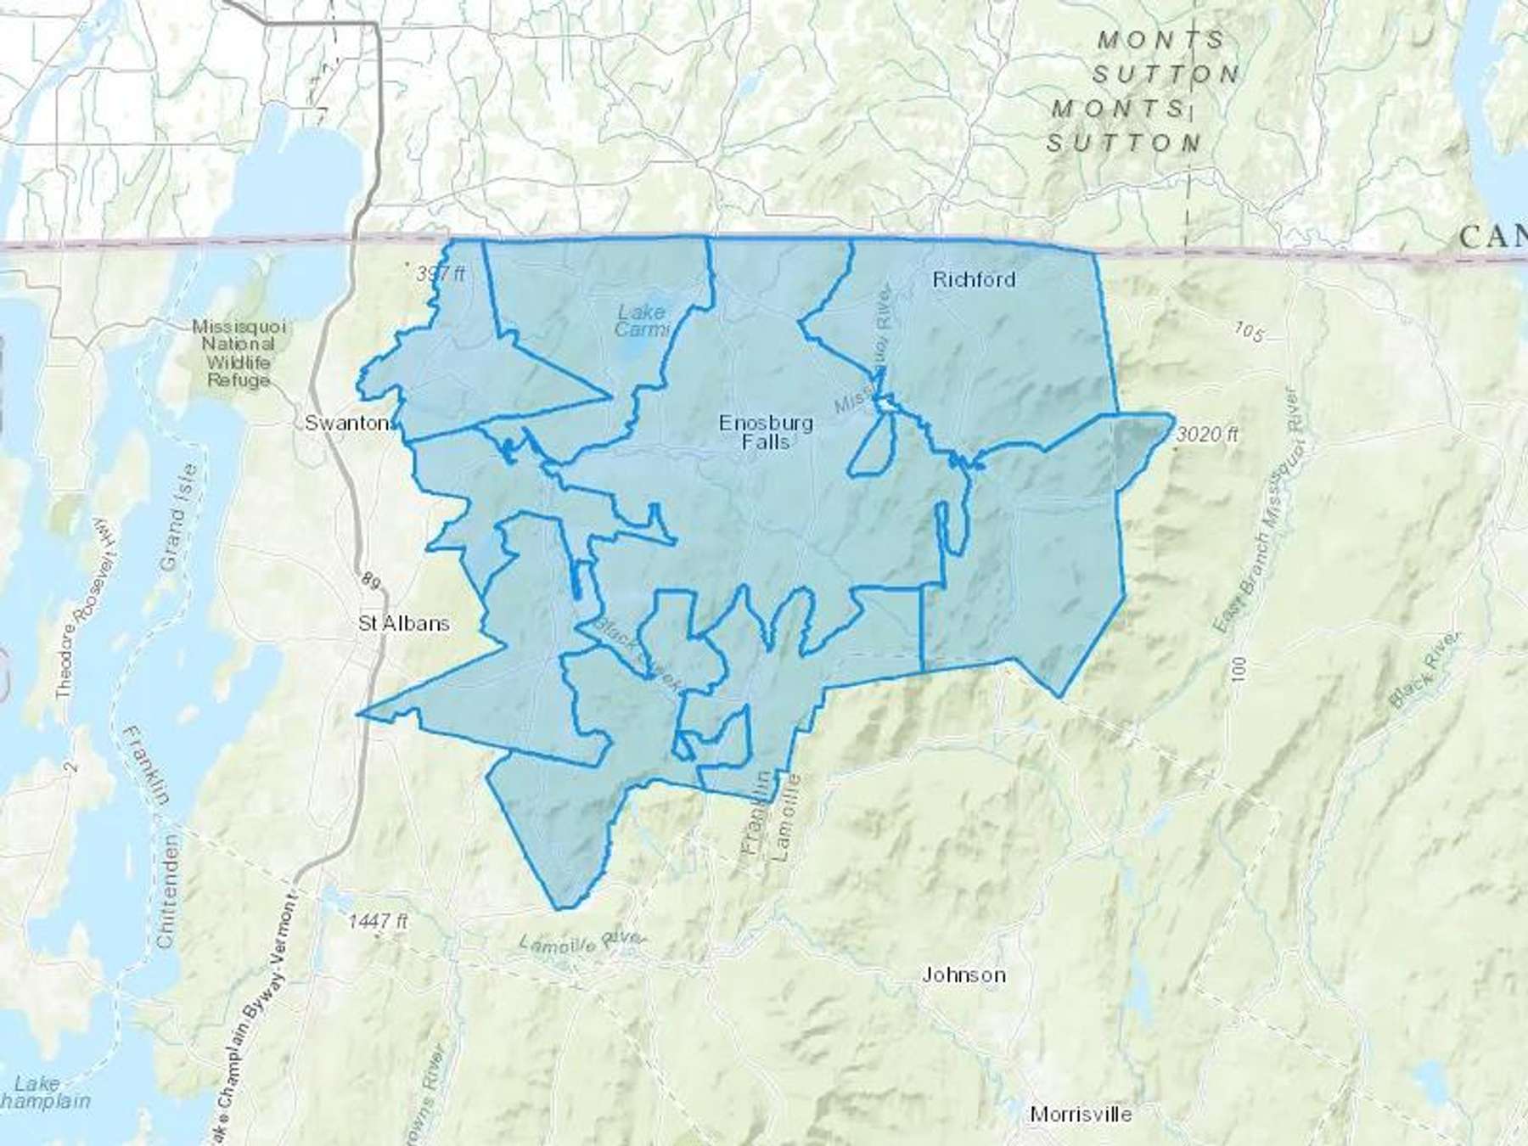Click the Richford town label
(974, 279)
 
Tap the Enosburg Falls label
(766, 432)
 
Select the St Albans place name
(404, 623)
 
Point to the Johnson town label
(963, 975)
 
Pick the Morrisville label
(1081, 1114)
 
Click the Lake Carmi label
(641, 321)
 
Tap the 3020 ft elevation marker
(1208, 435)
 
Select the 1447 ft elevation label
(378, 921)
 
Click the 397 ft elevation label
(441, 274)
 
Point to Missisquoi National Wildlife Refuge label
(239, 353)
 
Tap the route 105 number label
(1249, 331)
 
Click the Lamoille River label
(582, 941)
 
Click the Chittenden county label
(167, 891)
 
